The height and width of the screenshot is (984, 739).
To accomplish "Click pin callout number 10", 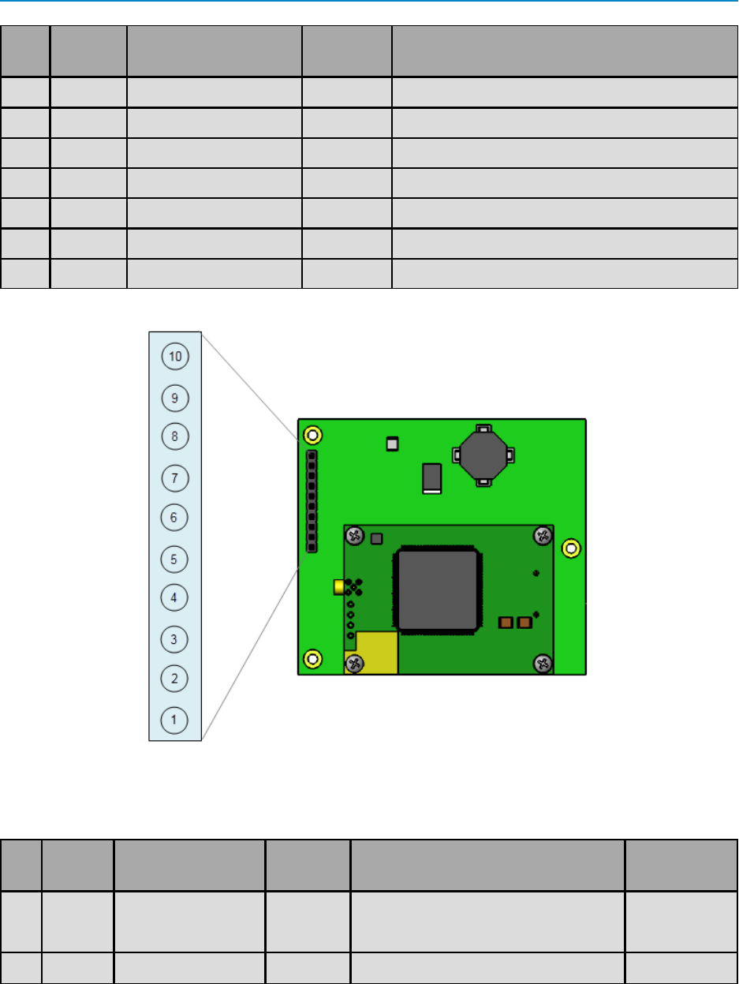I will [175, 357].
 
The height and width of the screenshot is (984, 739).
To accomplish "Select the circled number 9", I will [175, 398].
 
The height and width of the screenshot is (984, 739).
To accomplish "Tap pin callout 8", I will [175, 436].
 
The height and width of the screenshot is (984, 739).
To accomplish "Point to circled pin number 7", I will [175, 477].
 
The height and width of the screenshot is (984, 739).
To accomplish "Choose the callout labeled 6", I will [175, 518].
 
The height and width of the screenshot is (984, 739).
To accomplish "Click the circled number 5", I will [175, 559].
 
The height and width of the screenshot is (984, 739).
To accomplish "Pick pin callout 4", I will [175, 597].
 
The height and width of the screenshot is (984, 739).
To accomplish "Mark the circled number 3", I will [175, 638].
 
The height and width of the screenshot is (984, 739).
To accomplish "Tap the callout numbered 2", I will [175, 678].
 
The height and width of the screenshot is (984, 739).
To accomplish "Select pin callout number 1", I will [175, 720].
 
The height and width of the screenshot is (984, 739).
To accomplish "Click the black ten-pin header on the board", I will [312, 502].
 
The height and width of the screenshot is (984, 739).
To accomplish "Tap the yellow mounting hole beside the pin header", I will [312, 435].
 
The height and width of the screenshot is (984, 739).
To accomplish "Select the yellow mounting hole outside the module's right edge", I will [572, 548].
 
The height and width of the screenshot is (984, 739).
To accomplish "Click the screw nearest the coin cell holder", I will [543, 537].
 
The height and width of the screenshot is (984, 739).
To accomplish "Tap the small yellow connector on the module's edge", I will [339, 587].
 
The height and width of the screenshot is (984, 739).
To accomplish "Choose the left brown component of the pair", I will [506, 623].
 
